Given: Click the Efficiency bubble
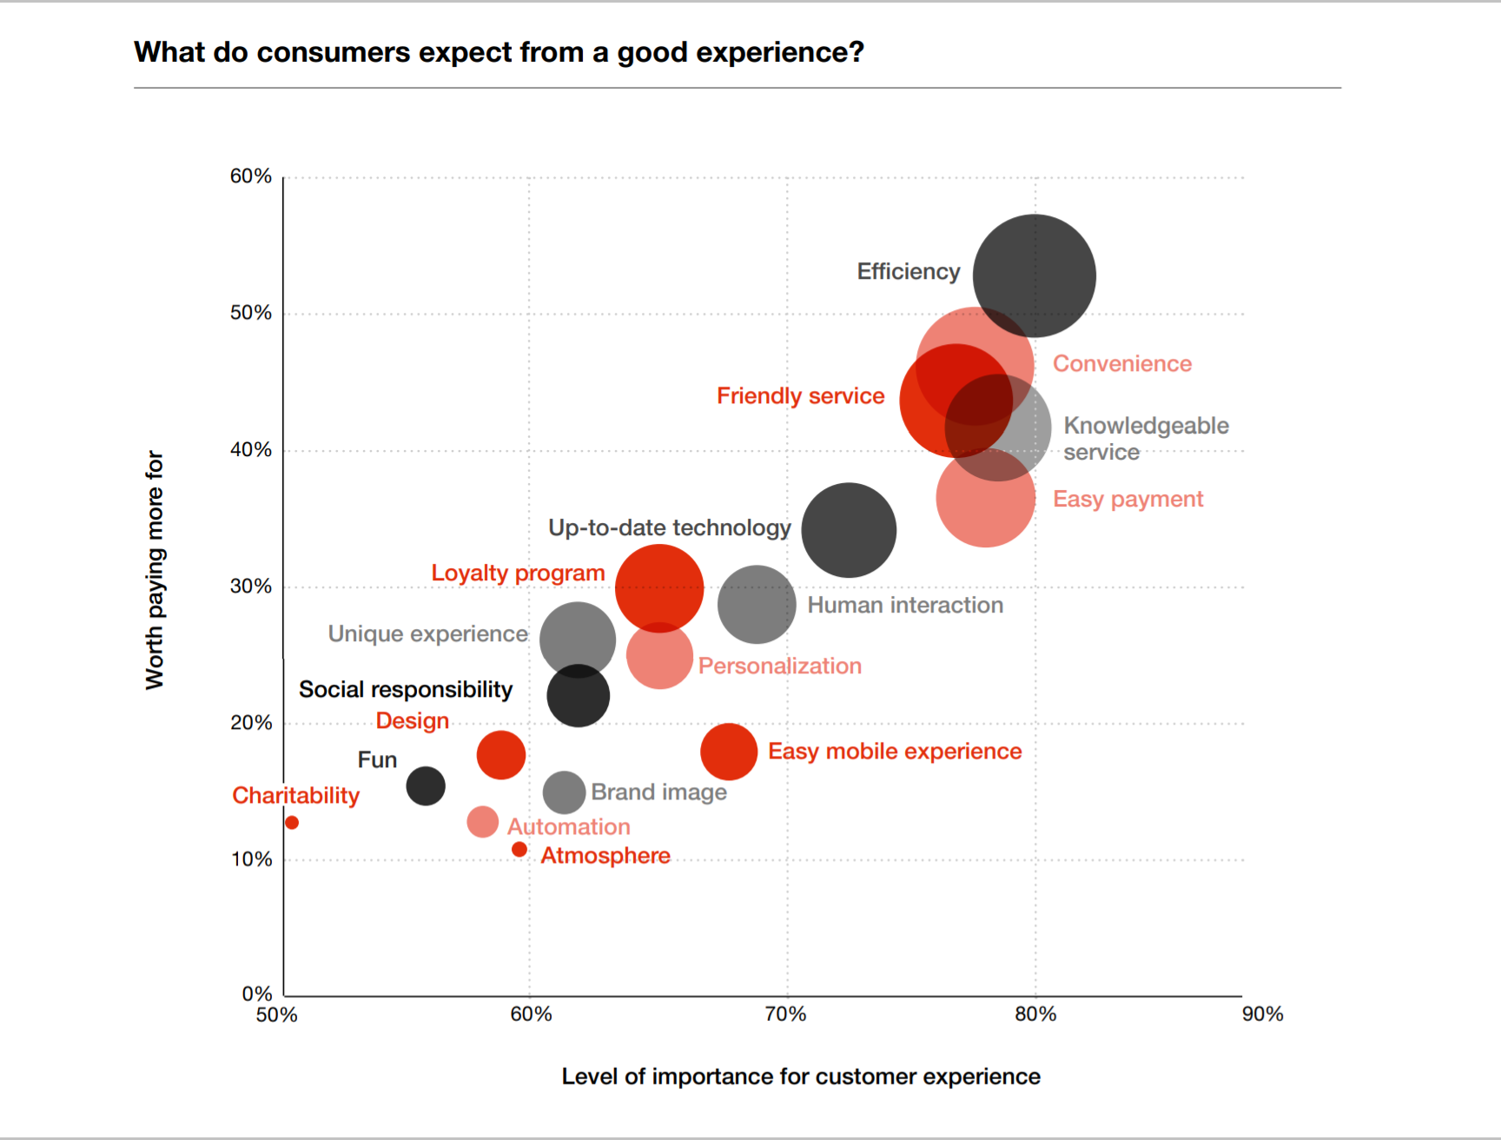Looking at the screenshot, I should click(1034, 275).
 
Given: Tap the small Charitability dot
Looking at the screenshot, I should click(292, 822).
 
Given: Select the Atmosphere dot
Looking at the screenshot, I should click(519, 849).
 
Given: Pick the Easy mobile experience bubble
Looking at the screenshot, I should click(729, 752).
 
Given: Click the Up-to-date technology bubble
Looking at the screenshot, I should click(848, 530).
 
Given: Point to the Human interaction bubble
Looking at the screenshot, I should click(757, 604).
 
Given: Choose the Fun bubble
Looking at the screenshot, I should click(426, 786).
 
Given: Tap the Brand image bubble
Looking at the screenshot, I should click(564, 792).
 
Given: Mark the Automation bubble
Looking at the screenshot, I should click(482, 821).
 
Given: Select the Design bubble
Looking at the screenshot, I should click(501, 754).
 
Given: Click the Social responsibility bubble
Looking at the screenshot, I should click(578, 696).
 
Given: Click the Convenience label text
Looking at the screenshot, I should click(1122, 363).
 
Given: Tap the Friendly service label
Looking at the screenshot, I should click(800, 396).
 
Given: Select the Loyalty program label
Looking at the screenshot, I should click(518, 573).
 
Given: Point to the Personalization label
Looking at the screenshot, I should click(780, 666).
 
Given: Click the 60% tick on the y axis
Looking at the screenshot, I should click(251, 176).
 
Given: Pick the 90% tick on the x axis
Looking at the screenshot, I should click(1262, 1014).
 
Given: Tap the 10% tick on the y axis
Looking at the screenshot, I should click(251, 859).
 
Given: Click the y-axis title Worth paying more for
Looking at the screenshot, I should click(155, 570).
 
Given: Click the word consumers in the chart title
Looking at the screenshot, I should click(334, 52).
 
